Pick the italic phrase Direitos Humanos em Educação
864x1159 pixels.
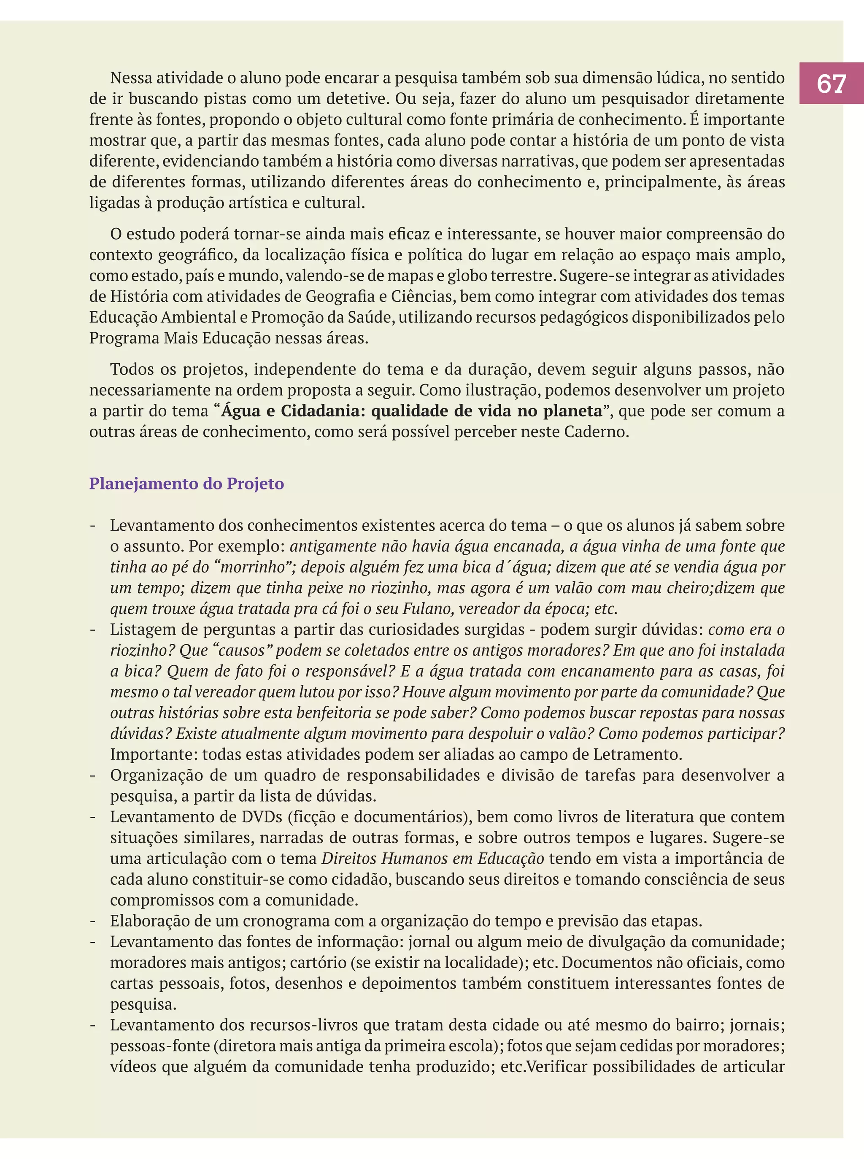[x=432, y=858]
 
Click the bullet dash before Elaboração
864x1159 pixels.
[x=93, y=921]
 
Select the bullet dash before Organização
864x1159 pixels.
[x=93, y=775]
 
